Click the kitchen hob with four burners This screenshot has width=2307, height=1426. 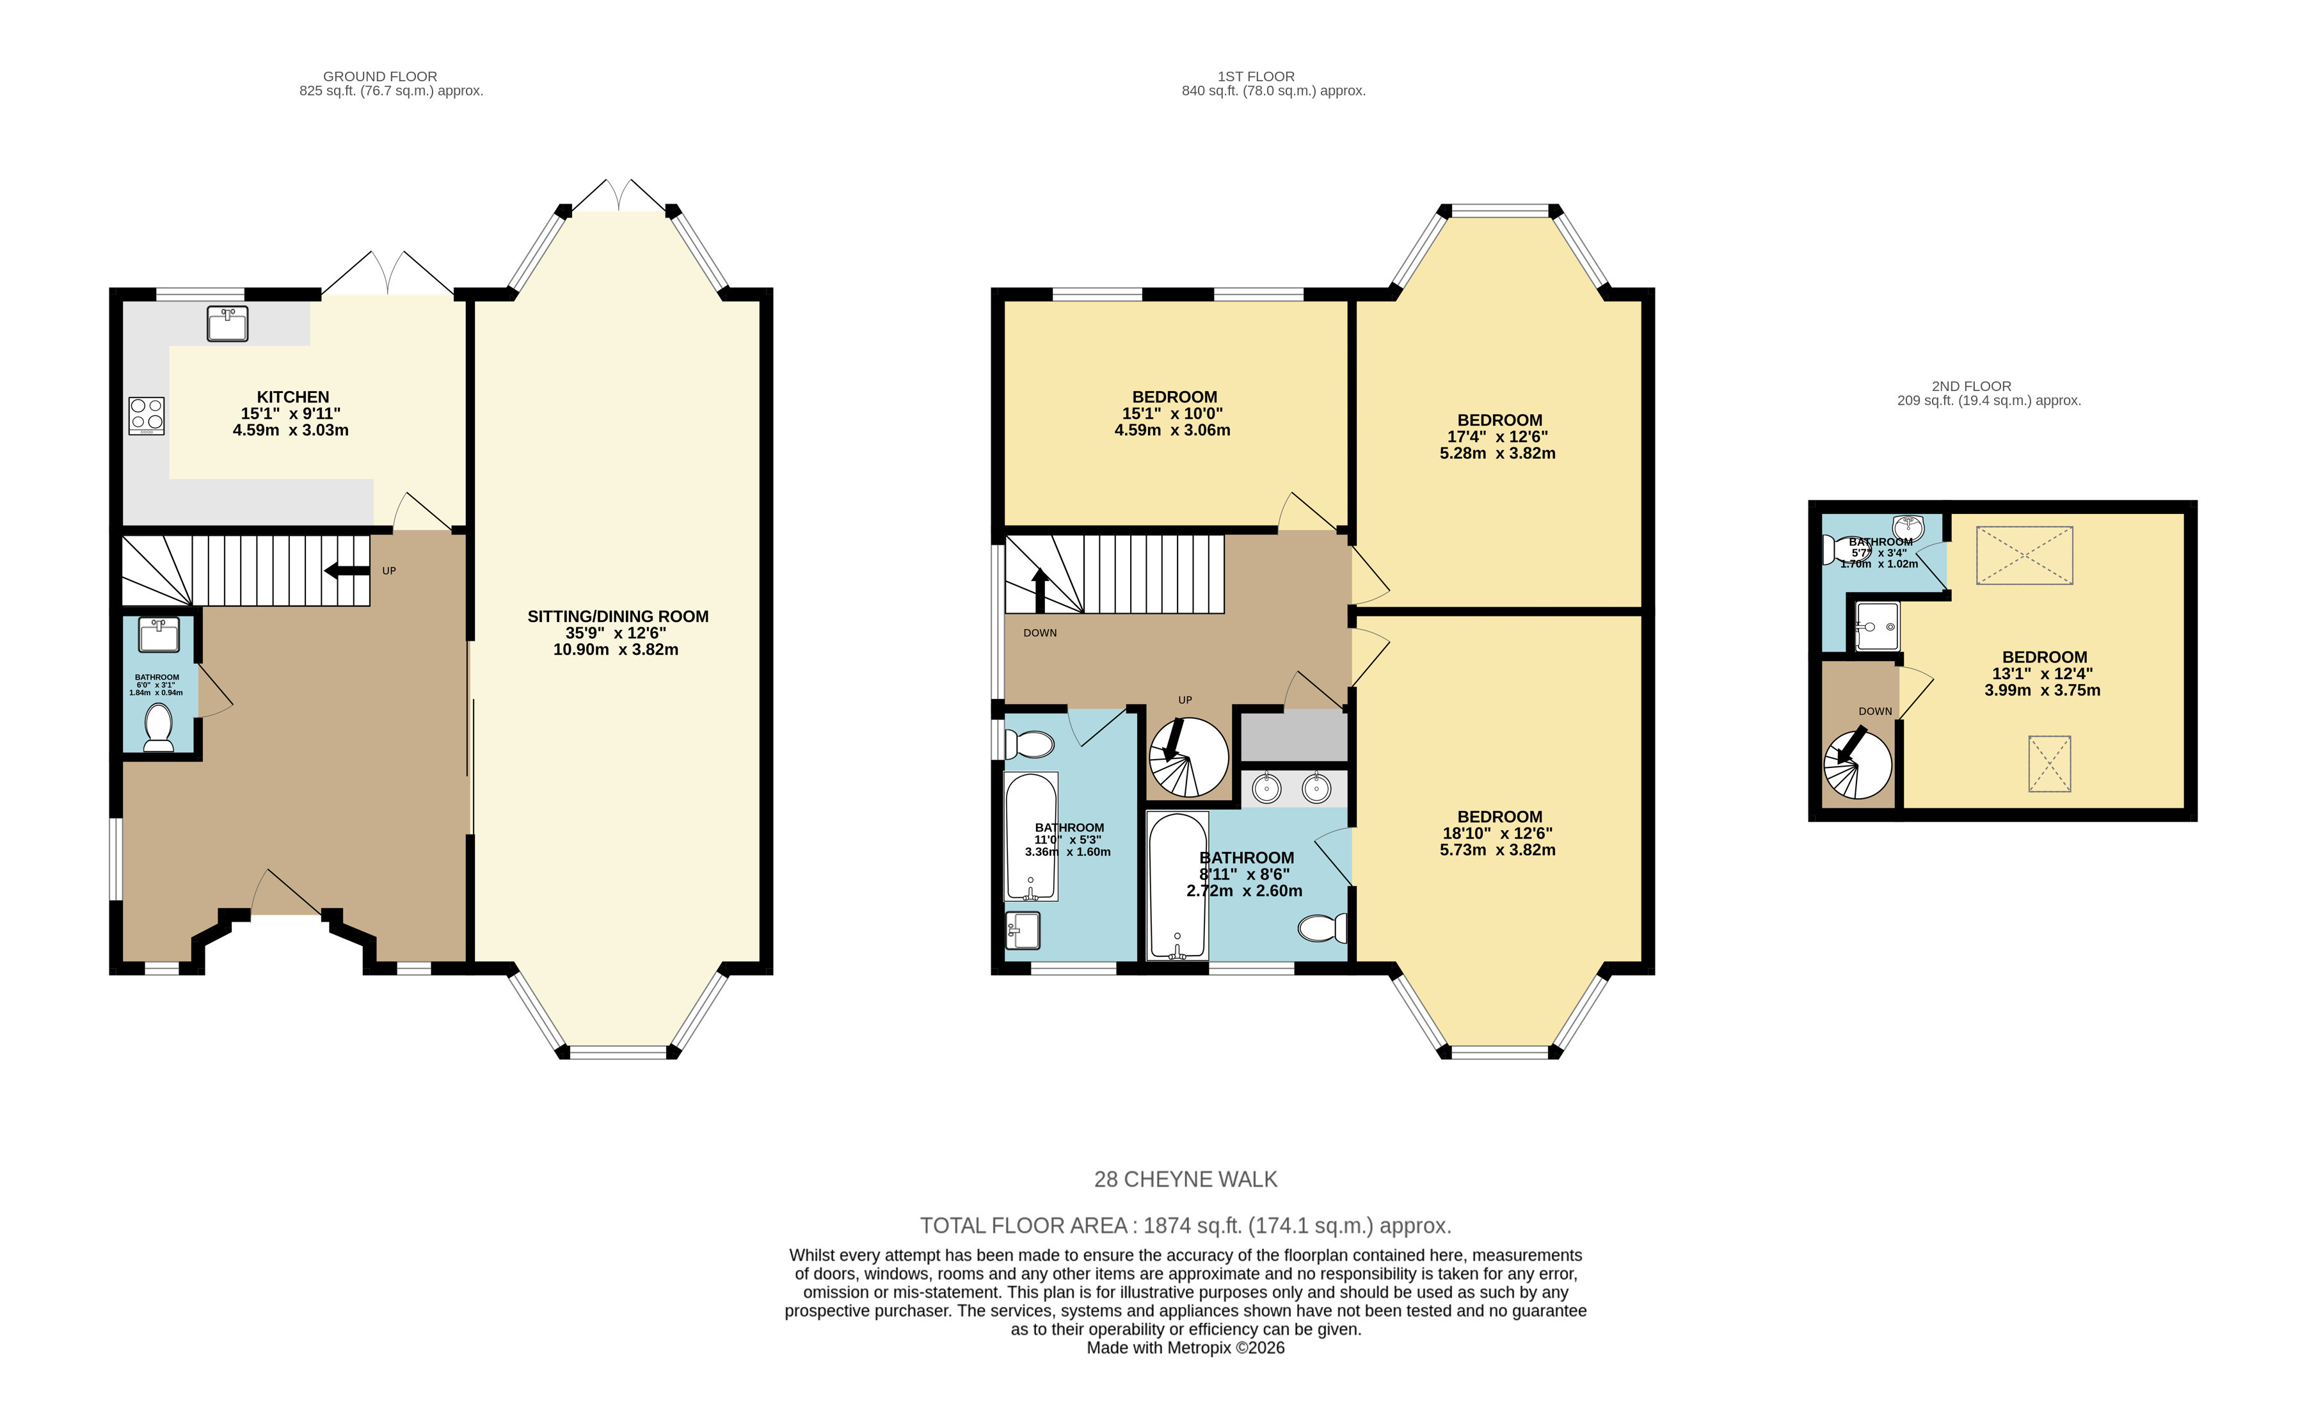146,416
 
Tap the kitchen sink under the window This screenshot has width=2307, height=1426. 227,323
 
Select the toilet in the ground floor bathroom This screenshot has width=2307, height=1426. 159,727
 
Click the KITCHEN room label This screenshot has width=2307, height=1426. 293,397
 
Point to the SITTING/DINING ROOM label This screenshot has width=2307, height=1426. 618,617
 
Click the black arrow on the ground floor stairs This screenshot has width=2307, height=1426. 347,570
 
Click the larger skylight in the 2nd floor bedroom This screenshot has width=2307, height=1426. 2024,556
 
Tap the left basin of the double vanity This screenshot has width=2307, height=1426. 1266,787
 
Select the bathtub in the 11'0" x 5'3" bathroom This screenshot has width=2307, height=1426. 1032,837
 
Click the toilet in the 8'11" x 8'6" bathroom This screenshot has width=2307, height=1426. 1323,929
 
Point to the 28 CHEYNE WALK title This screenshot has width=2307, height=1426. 1185,1179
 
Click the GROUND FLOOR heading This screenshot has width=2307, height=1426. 380,76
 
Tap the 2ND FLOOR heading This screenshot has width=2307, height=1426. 1972,386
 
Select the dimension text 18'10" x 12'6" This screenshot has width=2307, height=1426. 1497,834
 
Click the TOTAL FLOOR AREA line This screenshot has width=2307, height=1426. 1185,1226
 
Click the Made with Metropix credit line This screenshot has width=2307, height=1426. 1185,1348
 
